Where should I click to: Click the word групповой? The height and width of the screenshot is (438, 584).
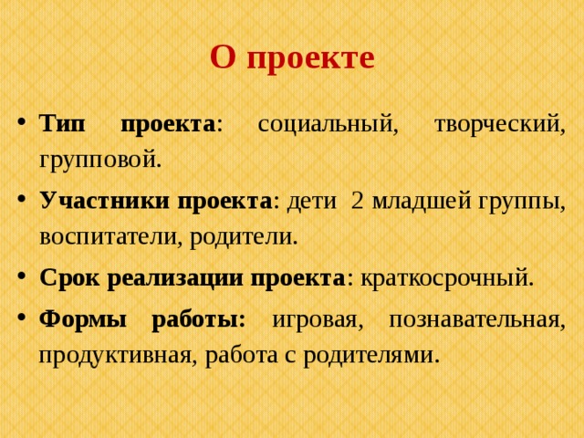coord(99,162)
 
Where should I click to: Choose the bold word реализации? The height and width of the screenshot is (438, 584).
coord(174,277)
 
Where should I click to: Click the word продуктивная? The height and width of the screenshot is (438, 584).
coord(112,355)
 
